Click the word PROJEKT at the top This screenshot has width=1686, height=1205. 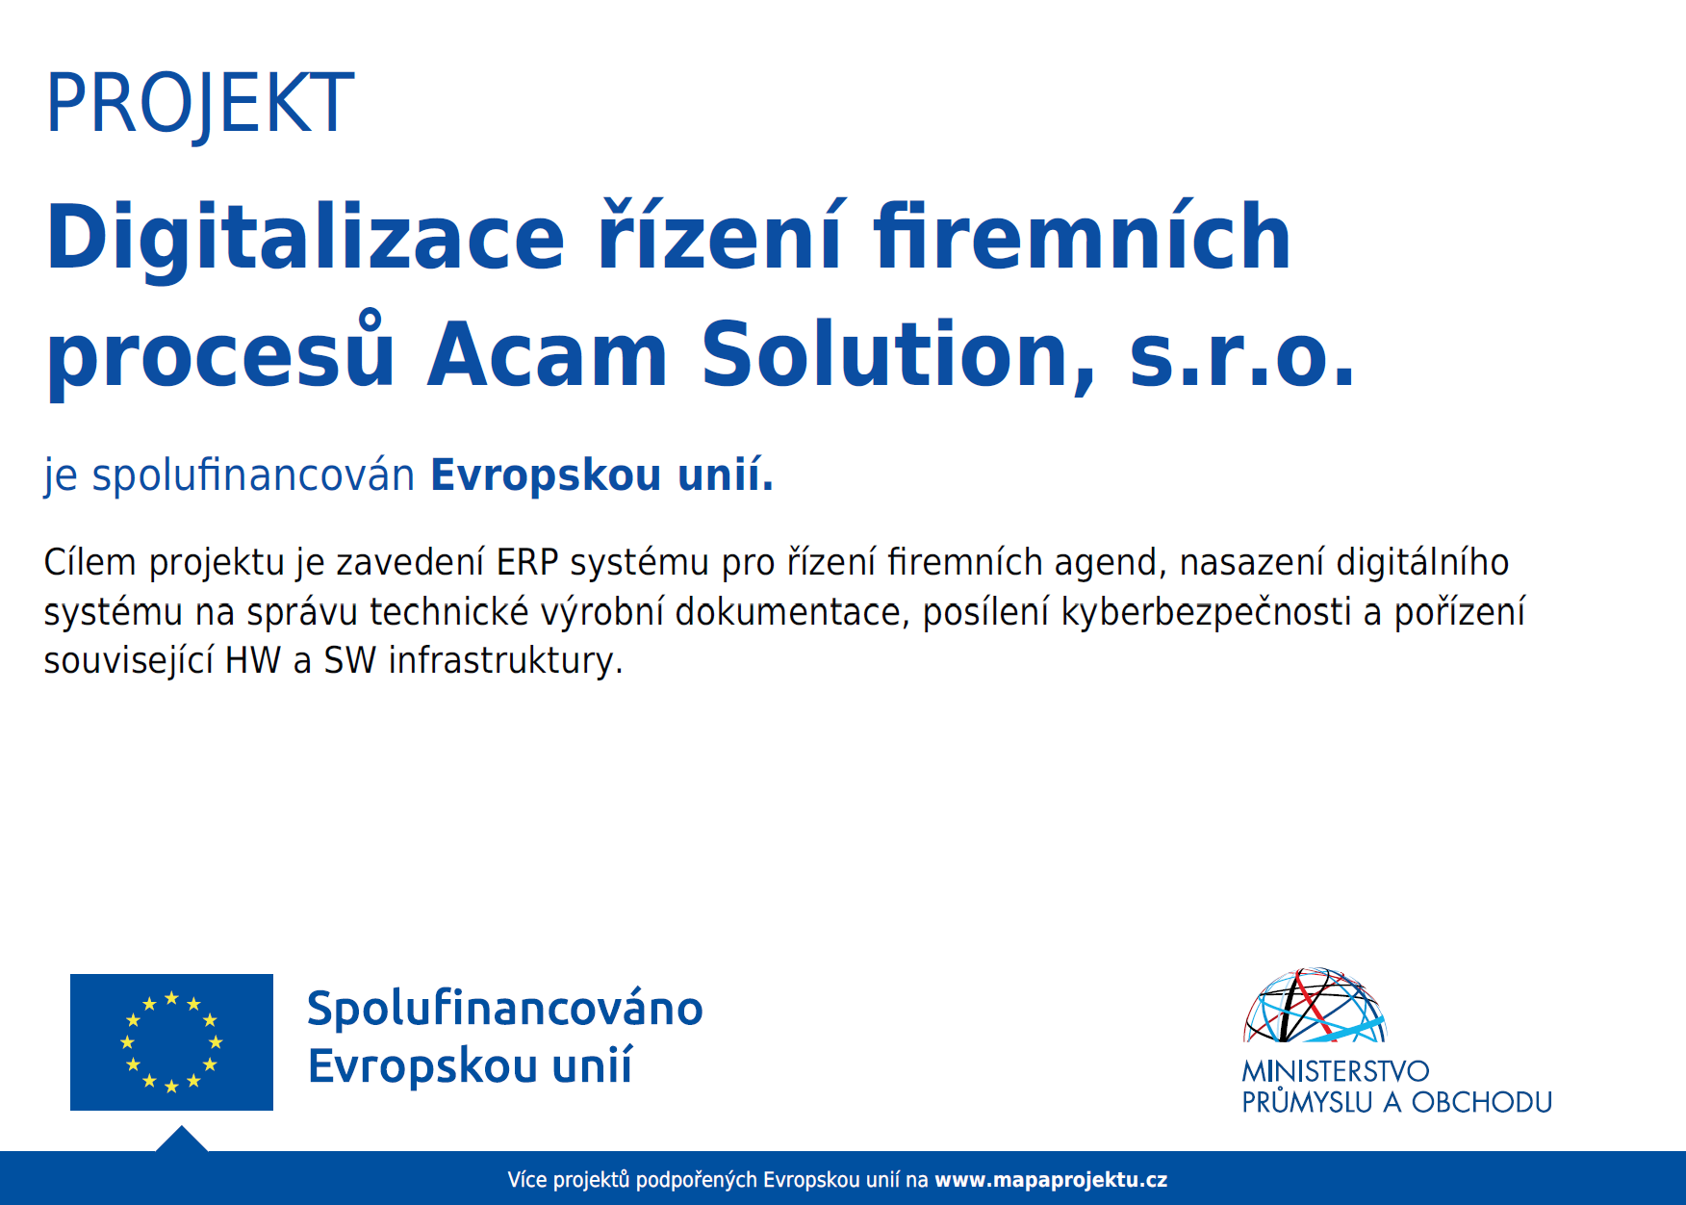click(200, 104)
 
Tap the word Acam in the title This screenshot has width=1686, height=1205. click(548, 355)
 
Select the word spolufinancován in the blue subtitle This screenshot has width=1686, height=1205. click(253, 475)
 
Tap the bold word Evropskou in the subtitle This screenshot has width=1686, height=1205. click(546, 475)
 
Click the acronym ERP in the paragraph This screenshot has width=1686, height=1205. click(527, 562)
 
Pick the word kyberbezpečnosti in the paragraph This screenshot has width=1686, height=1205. click(1206, 612)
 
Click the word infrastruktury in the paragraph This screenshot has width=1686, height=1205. click(505, 661)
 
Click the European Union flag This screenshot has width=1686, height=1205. click(171, 1042)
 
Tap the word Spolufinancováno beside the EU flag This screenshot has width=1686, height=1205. click(505, 1009)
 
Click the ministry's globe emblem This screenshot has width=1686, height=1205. click(1315, 1006)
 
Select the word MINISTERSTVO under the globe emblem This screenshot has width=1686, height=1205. click(1336, 1071)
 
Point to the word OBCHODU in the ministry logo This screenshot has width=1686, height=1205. click(1482, 1103)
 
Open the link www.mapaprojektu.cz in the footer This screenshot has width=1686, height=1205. click(1051, 1180)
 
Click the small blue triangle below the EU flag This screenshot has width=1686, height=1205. click(182, 1141)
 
